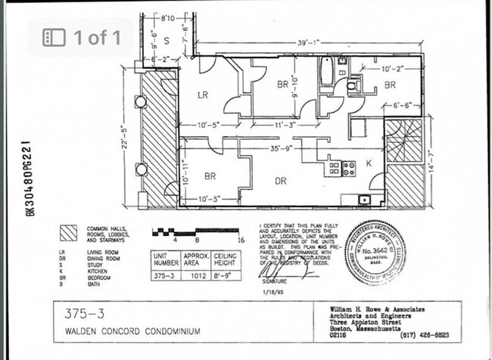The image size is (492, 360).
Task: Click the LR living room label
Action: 203,95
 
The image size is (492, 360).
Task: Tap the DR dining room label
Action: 280,180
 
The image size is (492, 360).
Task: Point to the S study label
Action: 167,39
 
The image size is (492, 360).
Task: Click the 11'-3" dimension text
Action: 285,125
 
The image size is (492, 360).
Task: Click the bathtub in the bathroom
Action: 326,73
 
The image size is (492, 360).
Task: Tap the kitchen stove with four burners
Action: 349,168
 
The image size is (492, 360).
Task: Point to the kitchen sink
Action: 364,200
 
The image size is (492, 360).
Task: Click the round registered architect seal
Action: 375,252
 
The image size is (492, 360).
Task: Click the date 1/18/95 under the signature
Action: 272,290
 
